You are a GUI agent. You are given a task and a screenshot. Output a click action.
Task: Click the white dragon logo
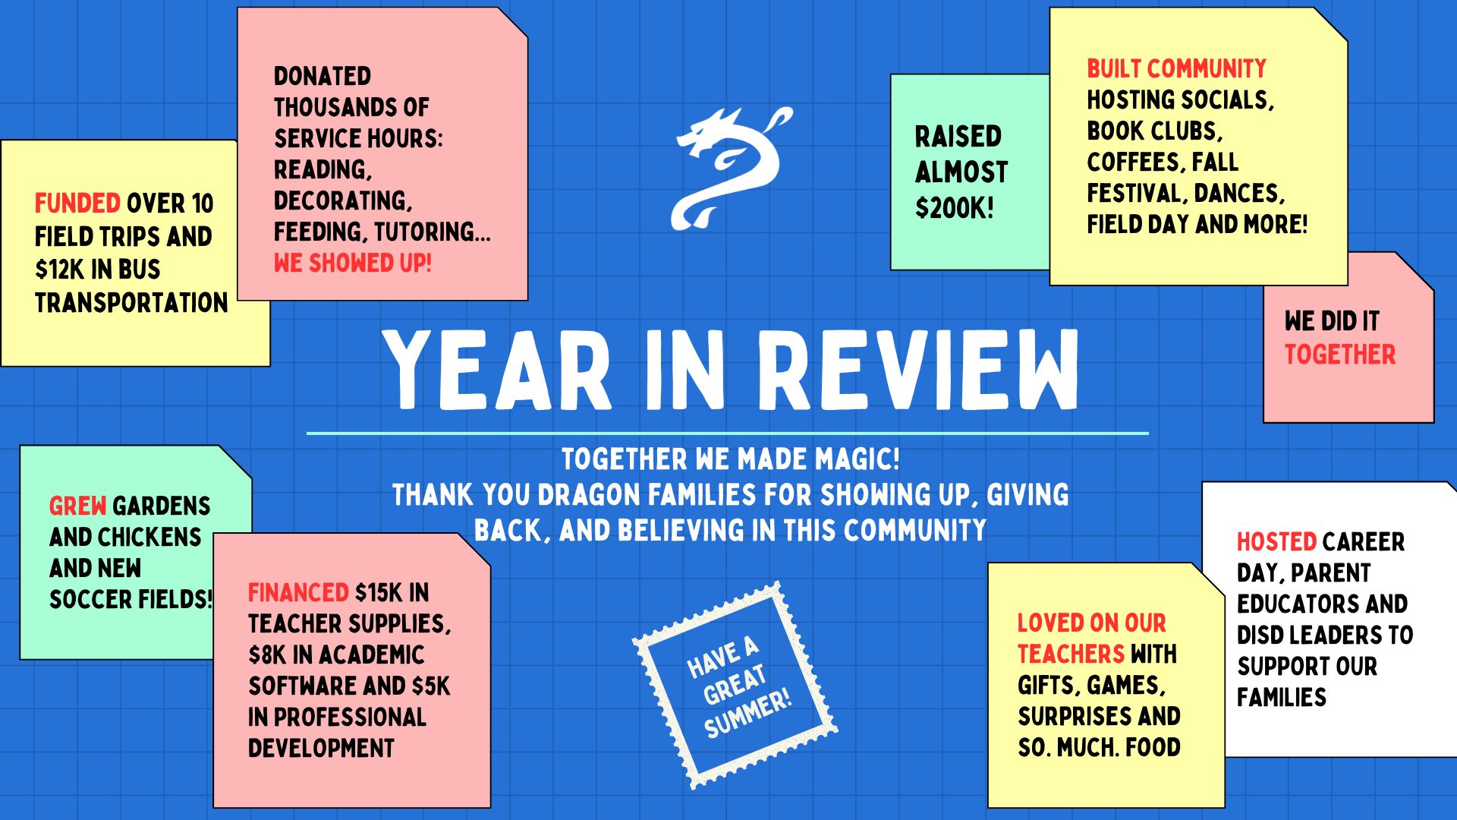pyautogui.click(x=731, y=169)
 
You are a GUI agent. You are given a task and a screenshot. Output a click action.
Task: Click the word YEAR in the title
pyautogui.click(x=497, y=370)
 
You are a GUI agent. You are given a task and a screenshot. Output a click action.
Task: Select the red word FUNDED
pyautogui.click(x=77, y=203)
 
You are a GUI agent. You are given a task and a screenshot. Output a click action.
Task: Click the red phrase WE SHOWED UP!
pyautogui.click(x=352, y=263)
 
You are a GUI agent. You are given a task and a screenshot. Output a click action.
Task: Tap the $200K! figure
pyautogui.click(x=954, y=207)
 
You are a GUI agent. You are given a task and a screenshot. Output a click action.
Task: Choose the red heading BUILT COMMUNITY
pyautogui.click(x=1176, y=69)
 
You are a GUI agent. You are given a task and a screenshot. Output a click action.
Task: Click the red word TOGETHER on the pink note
pyautogui.click(x=1339, y=355)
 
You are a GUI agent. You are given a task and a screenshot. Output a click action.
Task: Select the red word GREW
pyautogui.click(x=77, y=506)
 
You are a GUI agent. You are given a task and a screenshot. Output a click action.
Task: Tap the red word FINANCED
pyautogui.click(x=298, y=592)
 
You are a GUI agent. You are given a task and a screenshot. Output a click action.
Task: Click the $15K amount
pyautogui.click(x=381, y=592)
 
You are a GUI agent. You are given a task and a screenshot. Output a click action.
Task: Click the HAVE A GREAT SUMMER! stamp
pyautogui.click(x=735, y=686)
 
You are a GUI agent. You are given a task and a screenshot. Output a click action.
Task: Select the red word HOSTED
pyautogui.click(x=1276, y=541)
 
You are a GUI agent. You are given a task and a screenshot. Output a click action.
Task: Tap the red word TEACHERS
pyautogui.click(x=1071, y=654)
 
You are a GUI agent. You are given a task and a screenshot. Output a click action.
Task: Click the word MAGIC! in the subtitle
pyautogui.click(x=858, y=459)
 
